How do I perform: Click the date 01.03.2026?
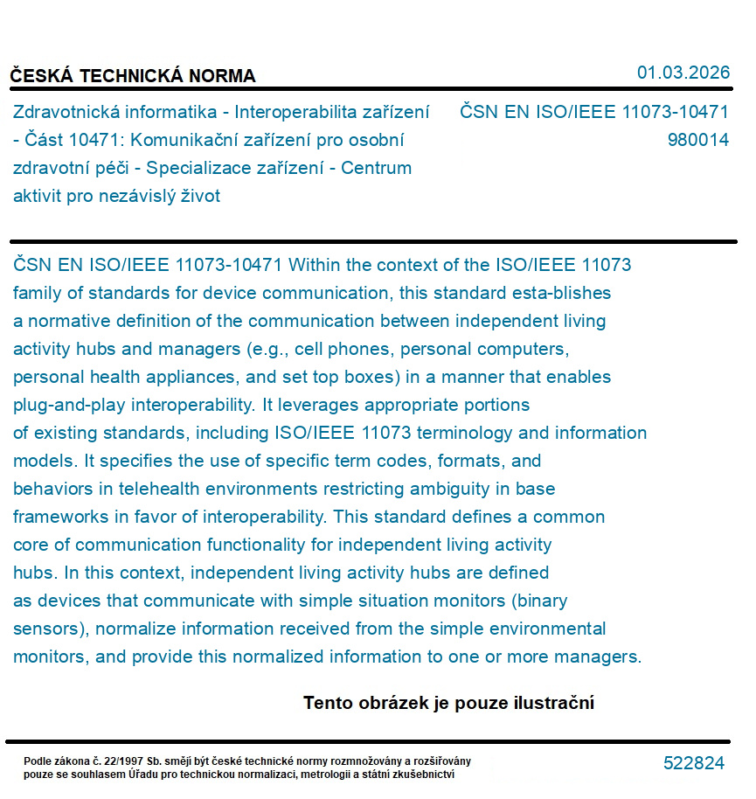(x=683, y=73)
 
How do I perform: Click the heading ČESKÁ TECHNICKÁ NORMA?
(x=133, y=76)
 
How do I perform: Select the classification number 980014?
(x=697, y=140)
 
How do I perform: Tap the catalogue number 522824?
(x=694, y=763)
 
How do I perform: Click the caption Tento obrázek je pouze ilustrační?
(x=448, y=703)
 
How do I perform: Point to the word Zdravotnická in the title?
(x=66, y=112)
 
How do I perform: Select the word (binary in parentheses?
(x=540, y=601)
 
